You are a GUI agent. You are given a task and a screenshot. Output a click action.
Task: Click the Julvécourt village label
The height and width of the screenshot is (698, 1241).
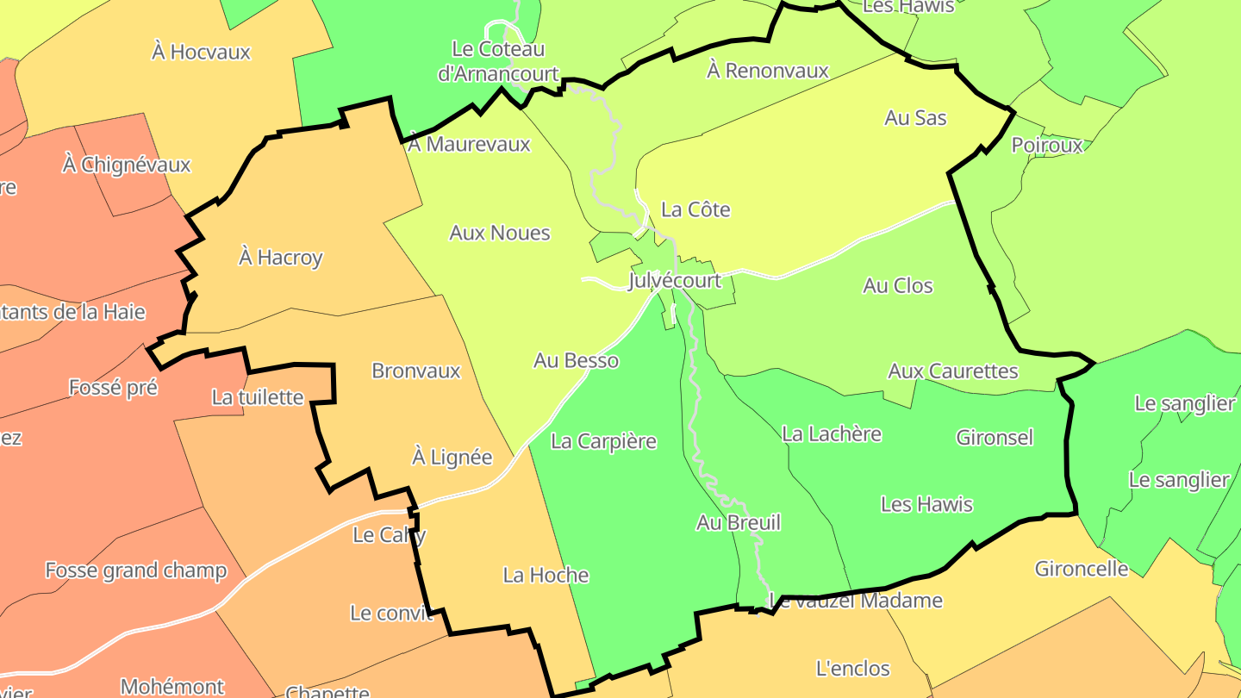(x=675, y=282)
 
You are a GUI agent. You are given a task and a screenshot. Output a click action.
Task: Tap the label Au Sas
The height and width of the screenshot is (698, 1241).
(x=915, y=118)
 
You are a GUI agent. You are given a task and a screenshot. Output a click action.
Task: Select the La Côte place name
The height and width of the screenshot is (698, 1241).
(x=695, y=209)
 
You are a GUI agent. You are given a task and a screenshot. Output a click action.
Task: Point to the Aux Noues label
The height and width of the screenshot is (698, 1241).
(x=500, y=233)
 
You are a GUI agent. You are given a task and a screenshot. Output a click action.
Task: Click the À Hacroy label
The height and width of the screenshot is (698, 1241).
(x=280, y=257)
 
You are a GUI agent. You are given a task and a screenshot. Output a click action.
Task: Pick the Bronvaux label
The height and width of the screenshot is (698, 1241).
(x=416, y=371)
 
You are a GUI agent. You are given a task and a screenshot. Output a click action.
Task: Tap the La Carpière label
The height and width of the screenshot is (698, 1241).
(x=603, y=441)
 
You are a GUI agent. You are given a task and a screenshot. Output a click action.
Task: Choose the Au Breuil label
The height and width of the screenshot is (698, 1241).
(x=739, y=522)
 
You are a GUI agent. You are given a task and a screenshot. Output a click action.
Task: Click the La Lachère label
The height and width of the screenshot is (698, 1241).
(x=832, y=433)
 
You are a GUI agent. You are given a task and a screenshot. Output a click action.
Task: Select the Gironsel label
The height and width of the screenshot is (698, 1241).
(x=995, y=437)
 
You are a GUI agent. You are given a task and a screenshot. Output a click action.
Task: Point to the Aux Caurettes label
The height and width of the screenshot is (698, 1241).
(x=953, y=371)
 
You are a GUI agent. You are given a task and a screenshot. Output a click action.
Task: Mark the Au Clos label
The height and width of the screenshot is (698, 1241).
(x=898, y=285)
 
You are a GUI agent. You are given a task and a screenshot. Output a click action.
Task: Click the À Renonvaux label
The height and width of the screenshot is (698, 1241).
(x=768, y=71)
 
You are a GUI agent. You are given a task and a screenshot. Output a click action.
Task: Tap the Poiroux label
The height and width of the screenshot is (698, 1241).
(x=1047, y=145)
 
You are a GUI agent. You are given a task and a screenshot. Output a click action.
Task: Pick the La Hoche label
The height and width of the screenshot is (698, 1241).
(x=546, y=575)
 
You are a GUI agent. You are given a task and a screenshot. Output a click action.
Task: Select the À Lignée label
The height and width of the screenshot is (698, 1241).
(x=452, y=457)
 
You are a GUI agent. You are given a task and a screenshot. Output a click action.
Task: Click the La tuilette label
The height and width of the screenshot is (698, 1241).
(x=258, y=397)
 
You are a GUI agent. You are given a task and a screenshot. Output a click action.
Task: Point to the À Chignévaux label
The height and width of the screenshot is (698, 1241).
(x=126, y=164)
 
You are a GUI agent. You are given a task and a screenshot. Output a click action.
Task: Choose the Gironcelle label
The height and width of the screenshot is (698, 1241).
(x=1082, y=569)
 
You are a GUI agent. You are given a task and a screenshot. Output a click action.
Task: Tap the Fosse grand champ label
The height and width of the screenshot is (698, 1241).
(x=136, y=570)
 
